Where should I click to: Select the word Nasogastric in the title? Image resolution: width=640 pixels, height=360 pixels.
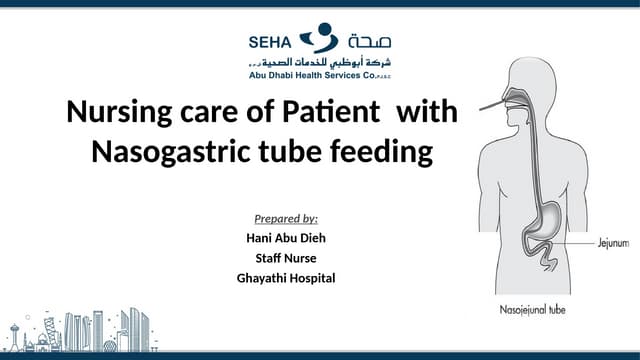tap(175, 153)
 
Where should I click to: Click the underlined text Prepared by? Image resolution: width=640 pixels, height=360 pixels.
tap(286, 218)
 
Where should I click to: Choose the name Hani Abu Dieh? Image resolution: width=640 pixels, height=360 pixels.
tap(287, 238)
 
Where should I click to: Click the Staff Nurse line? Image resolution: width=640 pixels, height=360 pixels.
tap(287, 258)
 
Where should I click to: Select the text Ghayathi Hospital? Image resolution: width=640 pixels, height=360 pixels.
tap(287, 277)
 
